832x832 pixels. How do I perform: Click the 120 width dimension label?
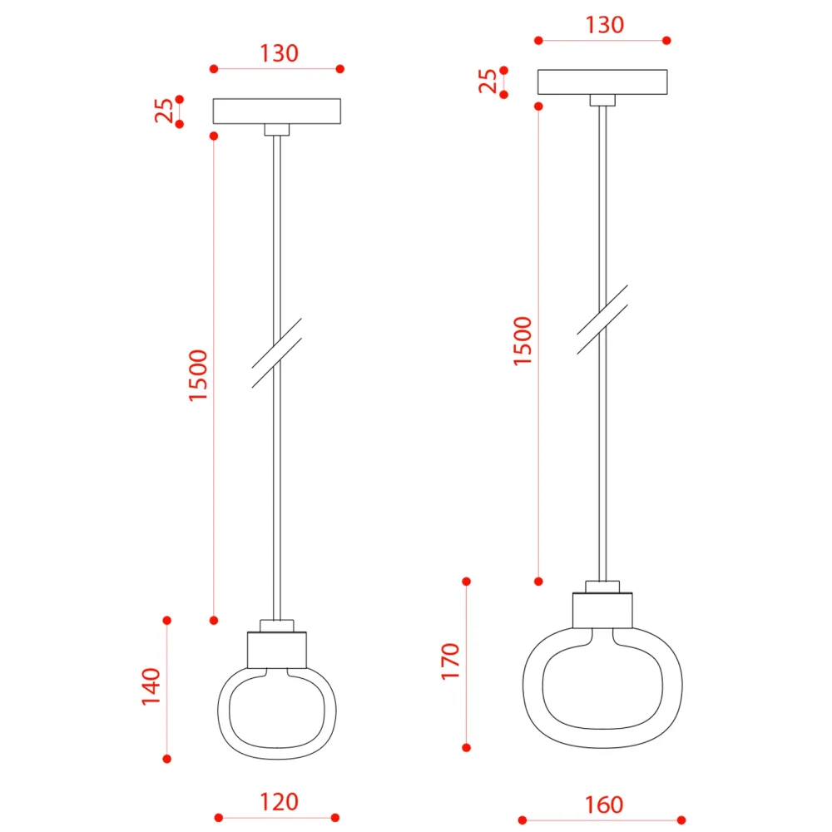pyautogui.click(x=279, y=802)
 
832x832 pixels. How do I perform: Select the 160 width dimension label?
pyautogui.click(x=604, y=805)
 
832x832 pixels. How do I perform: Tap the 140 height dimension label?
pyautogui.click(x=151, y=686)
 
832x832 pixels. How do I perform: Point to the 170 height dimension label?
pyautogui.click(x=450, y=661)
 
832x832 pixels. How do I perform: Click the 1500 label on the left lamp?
pyautogui.click(x=198, y=376)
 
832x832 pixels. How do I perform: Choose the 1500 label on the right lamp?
pyautogui.click(x=522, y=341)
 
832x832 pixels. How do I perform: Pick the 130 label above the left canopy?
pyautogui.click(x=279, y=53)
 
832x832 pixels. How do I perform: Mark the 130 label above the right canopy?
pyautogui.click(x=604, y=25)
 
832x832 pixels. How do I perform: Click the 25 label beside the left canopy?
pyautogui.click(x=164, y=111)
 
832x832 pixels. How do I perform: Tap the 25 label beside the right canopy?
pyautogui.click(x=488, y=82)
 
